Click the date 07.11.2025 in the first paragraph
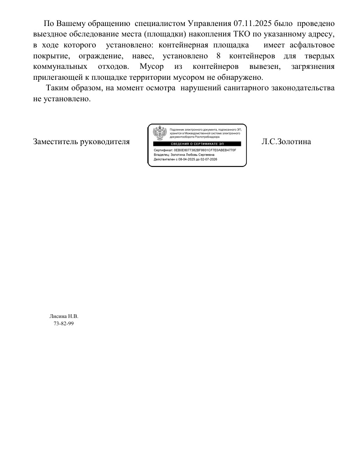253,23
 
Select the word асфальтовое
313,45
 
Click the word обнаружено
239,77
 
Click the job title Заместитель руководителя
81,141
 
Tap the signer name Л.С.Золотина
286,141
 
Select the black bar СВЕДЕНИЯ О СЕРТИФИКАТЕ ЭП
197,144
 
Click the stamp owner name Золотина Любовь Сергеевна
197,155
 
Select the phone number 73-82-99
63,323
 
